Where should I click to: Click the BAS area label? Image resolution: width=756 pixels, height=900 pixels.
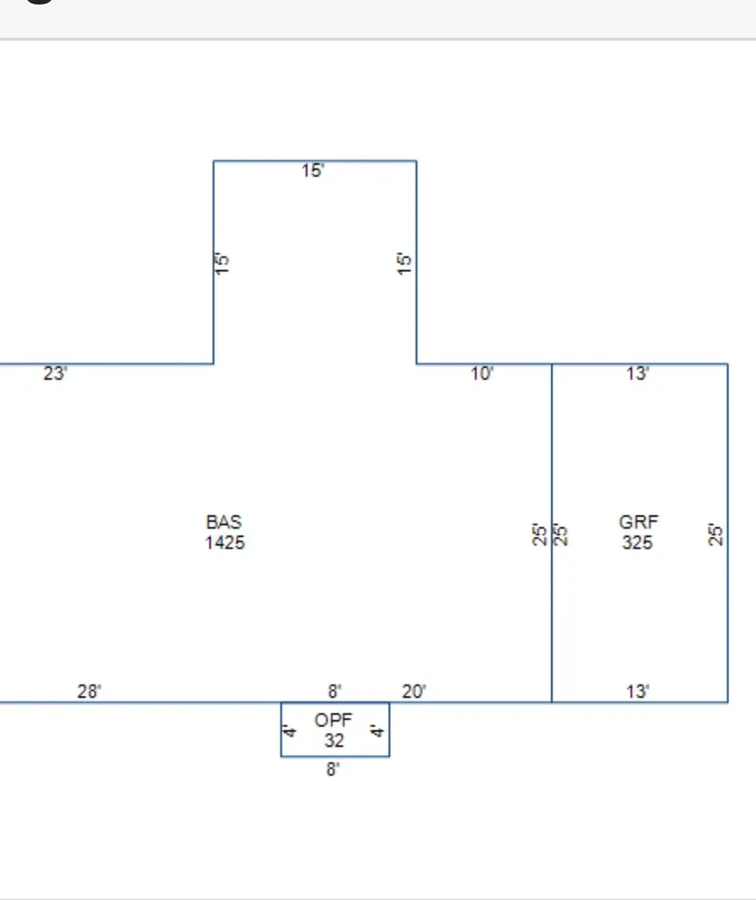[224, 522]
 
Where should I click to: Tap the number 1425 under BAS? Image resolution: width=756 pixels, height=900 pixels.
[225, 542]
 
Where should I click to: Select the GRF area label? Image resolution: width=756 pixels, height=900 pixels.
[638, 522]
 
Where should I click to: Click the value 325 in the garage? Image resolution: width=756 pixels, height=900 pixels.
[637, 542]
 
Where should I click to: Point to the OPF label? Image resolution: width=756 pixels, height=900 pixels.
[333, 721]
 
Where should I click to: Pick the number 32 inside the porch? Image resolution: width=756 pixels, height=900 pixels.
[334, 740]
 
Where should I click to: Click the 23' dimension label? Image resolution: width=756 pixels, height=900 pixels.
[55, 374]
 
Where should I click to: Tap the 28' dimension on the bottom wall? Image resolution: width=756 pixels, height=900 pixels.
[90, 691]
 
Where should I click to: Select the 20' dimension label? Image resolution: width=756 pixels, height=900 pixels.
[414, 692]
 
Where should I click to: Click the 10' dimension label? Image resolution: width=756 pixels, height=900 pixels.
[482, 374]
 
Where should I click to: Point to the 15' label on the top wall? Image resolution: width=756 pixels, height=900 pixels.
[313, 171]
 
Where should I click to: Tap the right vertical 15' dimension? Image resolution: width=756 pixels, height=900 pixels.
[404, 264]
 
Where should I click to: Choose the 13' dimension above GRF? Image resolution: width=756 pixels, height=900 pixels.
[637, 374]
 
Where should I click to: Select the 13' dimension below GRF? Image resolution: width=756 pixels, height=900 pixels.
[637, 692]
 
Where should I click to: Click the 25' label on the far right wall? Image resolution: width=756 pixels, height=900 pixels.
[716, 534]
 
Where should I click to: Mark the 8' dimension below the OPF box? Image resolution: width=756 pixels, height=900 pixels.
[333, 769]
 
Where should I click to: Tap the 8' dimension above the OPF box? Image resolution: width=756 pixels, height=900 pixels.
[335, 692]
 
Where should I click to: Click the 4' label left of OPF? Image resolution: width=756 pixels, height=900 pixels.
[290, 731]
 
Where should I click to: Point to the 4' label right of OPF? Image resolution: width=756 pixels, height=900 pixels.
[376, 731]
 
